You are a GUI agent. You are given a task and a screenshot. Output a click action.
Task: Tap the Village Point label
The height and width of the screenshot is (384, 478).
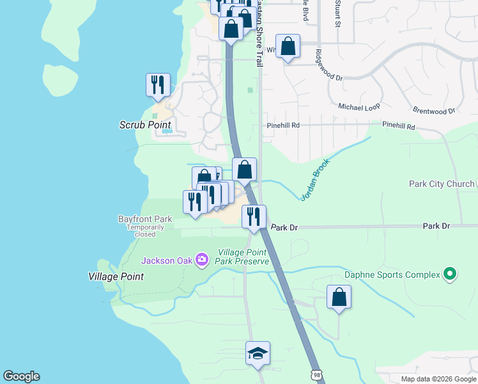point(116,276)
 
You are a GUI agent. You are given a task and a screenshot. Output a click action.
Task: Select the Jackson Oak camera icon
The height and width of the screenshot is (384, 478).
point(202,260)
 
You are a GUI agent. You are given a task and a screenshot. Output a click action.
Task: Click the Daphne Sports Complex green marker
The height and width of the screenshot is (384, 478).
point(450,275)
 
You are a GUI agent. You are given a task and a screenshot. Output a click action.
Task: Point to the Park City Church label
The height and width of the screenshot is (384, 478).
point(442,184)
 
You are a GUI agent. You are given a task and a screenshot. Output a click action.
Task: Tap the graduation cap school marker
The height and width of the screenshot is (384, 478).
point(258,353)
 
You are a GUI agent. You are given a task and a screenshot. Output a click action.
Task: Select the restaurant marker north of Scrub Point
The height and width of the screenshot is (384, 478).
point(158,84)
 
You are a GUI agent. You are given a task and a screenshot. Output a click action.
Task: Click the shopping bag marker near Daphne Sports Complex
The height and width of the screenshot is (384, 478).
point(339,297)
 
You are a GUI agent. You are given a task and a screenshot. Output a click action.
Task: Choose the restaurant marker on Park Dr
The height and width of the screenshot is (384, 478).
point(254,216)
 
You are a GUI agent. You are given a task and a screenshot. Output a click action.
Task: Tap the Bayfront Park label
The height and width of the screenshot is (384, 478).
point(145,219)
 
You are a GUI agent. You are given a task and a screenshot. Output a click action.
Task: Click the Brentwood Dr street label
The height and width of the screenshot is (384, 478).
point(433,111)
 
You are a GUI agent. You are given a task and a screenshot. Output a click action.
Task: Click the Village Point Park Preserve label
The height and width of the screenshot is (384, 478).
point(242,257)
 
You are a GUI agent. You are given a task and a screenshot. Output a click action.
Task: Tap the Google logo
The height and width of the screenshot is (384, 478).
point(21,376)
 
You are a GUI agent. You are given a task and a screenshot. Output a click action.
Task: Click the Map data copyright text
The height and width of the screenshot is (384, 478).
point(438,379)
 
